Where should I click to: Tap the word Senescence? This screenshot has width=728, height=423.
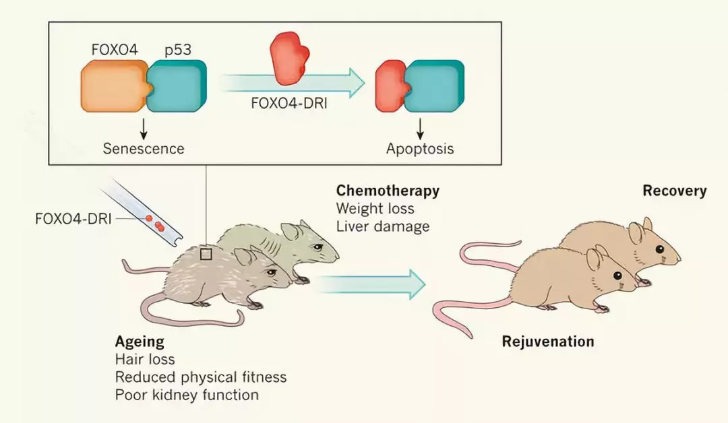coord(144,148)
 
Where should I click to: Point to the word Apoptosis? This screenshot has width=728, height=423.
coord(420,148)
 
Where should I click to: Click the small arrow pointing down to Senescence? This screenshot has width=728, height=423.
coord(144,127)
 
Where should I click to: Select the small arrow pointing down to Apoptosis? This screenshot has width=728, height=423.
coord(420,127)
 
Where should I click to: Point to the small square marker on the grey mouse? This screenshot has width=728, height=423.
coord(206,253)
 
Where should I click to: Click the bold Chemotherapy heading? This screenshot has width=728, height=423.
coord(388,191)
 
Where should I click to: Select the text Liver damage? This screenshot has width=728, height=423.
coord(383,226)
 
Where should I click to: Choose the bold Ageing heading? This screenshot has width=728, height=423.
coord(140,341)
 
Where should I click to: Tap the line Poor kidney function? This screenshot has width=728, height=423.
coord(187,395)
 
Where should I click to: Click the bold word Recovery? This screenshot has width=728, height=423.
coord(674,191)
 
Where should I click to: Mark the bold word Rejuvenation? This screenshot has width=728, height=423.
coord(548,341)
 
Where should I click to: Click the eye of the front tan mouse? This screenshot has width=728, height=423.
coord(614,277)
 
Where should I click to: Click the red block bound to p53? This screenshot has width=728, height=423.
coord(389,86)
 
